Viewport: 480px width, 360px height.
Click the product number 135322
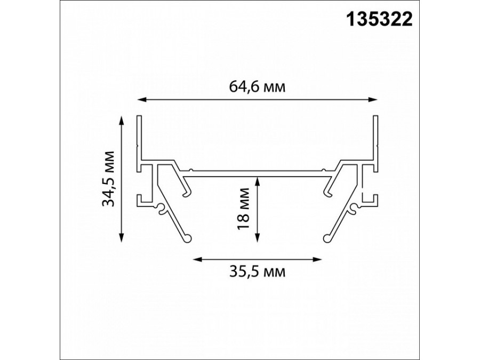pyautogui.click(x=379, y=20)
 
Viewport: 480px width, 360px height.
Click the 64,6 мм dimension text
pyautogui.click(x=257, y=87)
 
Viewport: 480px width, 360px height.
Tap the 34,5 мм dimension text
pyautogui.click(x=108, y=179)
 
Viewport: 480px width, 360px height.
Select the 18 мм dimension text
pyautogui.click(x=244, y=209)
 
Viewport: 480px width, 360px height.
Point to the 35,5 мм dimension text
pyautogui.click(x=257, y=271)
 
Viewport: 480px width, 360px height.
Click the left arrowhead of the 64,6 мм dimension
pyautogui.click(x=141, y=100)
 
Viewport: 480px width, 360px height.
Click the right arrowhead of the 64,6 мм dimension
pyautogui.click(x=373, y=100)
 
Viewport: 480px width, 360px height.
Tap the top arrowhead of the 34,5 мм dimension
pyautogui.click(x=122, y=121)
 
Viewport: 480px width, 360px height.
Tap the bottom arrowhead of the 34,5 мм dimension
pyautogui.click(x=122, y=237)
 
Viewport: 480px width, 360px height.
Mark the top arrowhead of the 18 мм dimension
pyautogui.click(x=258, y=182)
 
